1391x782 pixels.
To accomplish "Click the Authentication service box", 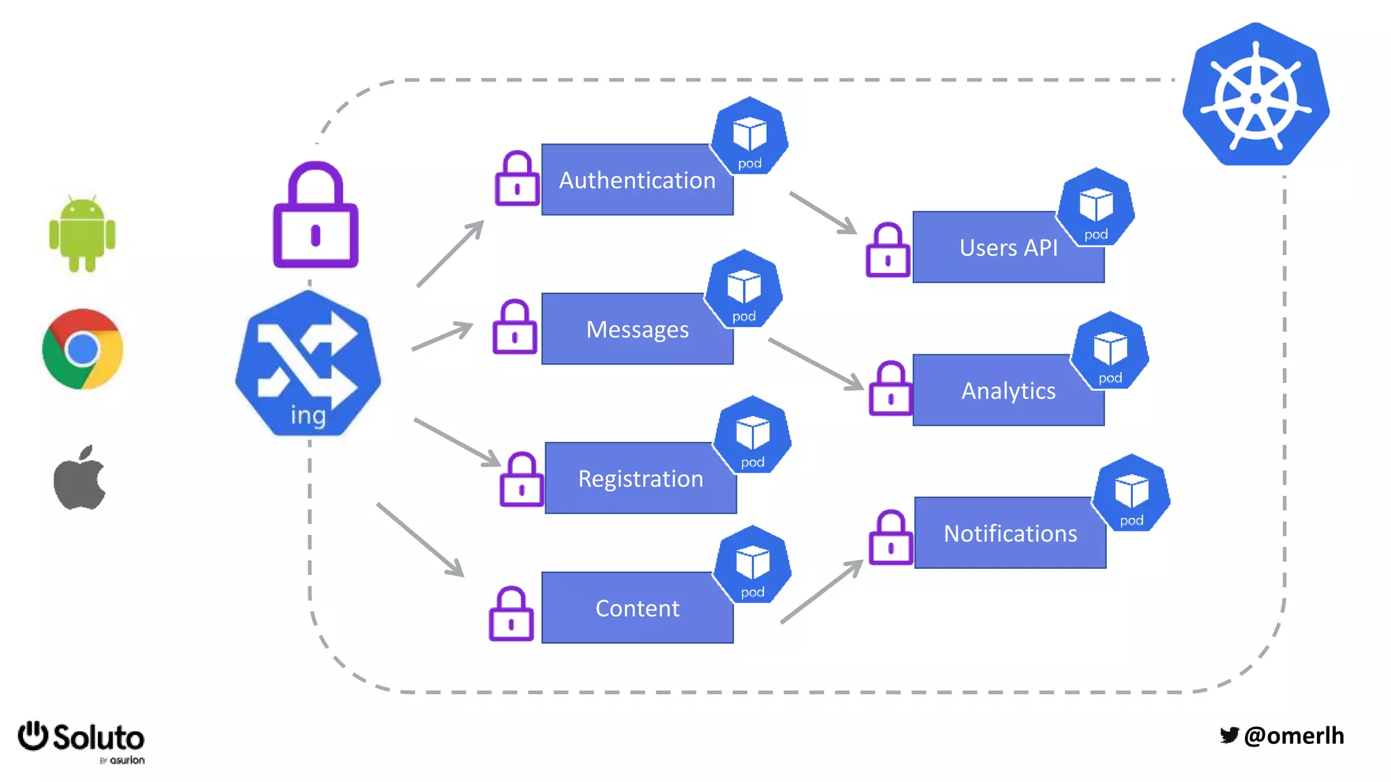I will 636,180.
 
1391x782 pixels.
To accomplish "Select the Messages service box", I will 636,329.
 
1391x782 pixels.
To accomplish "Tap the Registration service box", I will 640,479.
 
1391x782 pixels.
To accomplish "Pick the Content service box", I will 636,608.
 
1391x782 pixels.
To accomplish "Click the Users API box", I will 1008,248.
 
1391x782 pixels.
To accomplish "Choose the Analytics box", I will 1008,391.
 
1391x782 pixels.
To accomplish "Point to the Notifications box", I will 1009,534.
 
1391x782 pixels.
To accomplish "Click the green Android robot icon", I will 82,234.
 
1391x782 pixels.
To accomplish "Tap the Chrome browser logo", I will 82,349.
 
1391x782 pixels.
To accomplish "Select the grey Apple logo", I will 79,479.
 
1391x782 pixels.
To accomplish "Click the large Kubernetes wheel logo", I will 1255,96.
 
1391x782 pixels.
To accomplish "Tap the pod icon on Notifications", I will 1131,494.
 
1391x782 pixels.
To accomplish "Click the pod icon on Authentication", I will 749,136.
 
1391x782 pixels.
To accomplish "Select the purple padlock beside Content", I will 511,614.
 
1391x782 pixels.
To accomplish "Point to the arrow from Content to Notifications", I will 822,591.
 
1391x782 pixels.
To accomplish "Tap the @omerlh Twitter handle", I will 1293,736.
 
